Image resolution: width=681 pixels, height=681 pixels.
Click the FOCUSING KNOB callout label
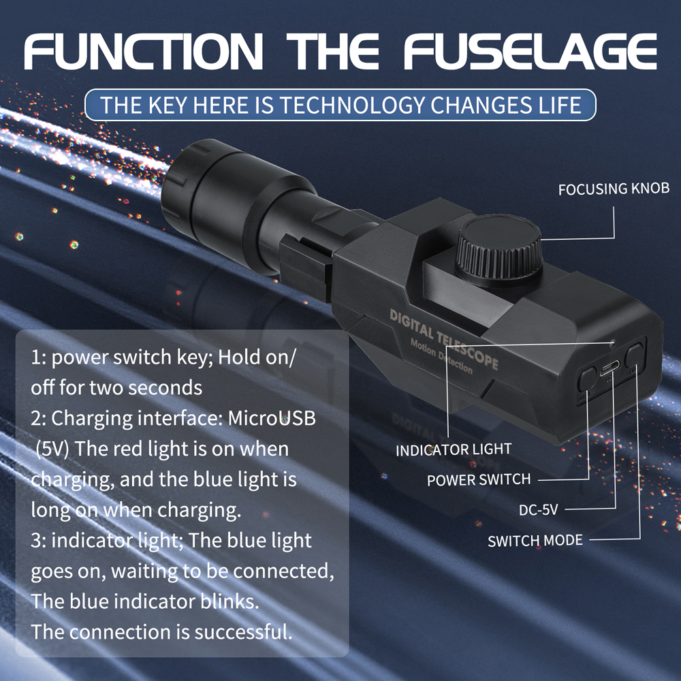point(614,189)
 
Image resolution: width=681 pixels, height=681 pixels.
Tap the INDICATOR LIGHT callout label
point(453,450)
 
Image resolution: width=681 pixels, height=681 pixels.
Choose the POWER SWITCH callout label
point(478,479)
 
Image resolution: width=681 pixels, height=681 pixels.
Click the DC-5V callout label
point(539,510)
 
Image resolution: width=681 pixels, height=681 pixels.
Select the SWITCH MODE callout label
point(535,541)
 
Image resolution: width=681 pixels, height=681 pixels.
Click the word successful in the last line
point(243,632)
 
